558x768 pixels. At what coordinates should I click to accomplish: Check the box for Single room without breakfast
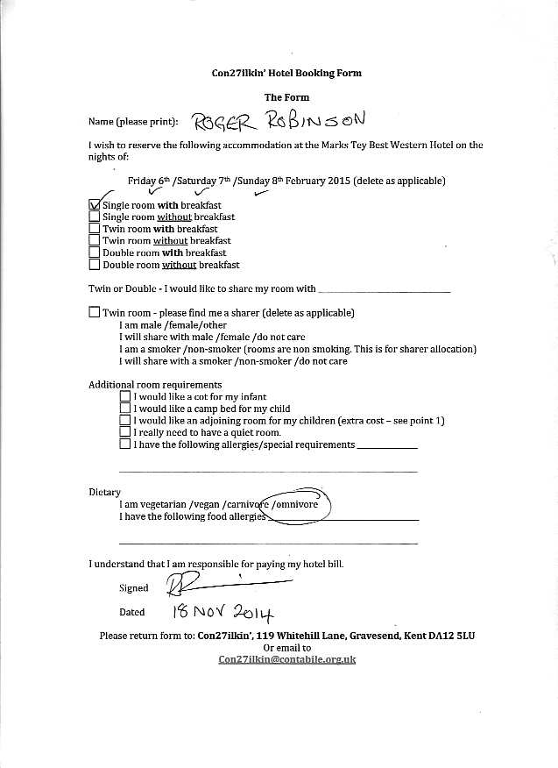pyautogui.click(x=95, y=217)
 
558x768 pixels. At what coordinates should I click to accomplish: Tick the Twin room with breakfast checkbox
pyautogui.click(x=95, y=229)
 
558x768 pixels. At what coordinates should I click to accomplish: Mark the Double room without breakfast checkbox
pyautogui.click(x=95, y=264)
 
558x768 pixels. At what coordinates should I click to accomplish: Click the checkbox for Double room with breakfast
pyautogui.click(x=95, y=252)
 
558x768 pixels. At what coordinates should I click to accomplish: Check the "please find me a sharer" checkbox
pyautogui.click(x=95, y=312)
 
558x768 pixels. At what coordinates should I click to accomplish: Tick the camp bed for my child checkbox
pyautogui.click(x=124, y=409)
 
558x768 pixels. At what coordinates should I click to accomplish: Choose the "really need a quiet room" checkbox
pyautogui.click(x=124, y=432)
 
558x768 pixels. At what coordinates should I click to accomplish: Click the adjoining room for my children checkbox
pyautogui.click(x=124, y=421)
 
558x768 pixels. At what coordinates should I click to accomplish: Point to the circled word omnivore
pyautogui.click(x=302, y=505)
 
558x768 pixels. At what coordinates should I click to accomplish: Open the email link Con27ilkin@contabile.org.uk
pyautogui.click(x=286, y=659)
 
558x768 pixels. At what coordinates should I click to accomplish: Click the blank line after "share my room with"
pyautogui.click(x=385, y=288)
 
